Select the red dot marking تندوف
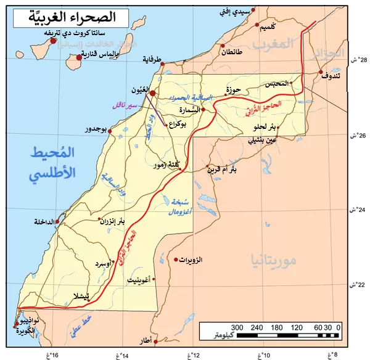click(321, 73)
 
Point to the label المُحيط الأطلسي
click(54, 163)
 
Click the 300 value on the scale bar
click(237, 327)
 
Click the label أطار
click(146, 340)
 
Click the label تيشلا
click(78, 295)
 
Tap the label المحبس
click(276, 84)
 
